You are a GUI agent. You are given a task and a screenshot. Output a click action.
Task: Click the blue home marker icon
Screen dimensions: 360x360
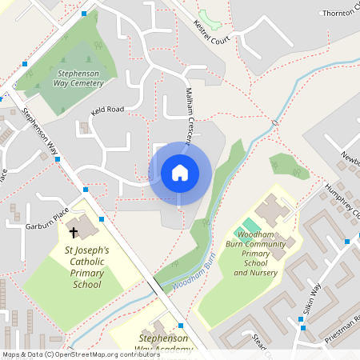[179, 173]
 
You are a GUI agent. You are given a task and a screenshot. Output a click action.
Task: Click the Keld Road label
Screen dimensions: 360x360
[108, 110]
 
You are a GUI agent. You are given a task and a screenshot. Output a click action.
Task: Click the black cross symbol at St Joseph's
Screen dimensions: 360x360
[74, 233]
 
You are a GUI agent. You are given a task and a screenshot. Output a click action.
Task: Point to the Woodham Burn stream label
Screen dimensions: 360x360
[190, 278]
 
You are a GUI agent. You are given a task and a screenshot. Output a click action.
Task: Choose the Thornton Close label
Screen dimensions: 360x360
[340, 14]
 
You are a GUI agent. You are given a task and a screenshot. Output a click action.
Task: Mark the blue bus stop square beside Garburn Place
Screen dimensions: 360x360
[101, 218]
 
